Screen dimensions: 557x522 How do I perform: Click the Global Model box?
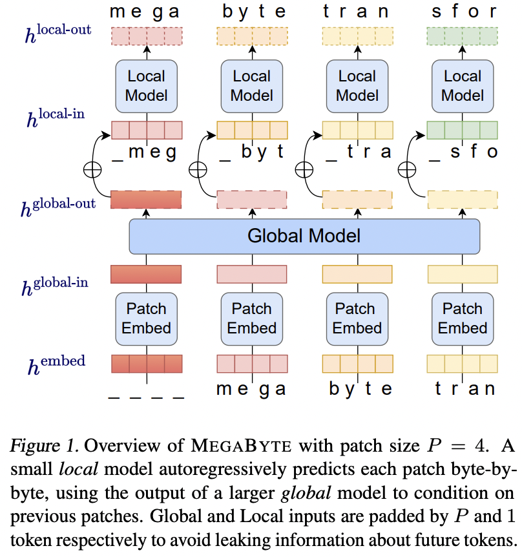click(304, 236)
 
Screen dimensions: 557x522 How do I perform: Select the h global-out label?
click(58, 206)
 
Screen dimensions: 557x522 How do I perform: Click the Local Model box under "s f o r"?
click(462, 86)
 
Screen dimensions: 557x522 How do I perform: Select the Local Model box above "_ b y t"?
click(251, 86)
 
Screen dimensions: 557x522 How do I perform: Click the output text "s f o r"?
click(462, 11)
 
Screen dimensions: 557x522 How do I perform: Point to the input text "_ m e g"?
click(146, 152)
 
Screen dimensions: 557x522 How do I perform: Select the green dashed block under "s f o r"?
click(462, 36)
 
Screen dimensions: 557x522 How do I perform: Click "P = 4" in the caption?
click(457, 447)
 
